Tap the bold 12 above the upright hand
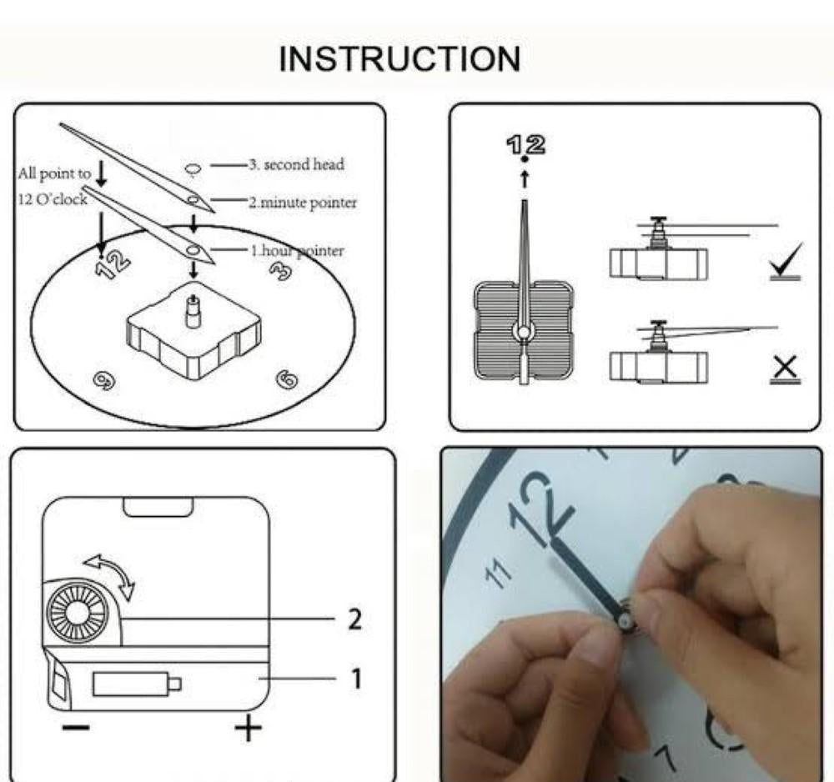click(525, 144)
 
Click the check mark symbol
click(785, 263)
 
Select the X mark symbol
click(785, 367)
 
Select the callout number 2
click(354, 619)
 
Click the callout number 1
click(355, 678)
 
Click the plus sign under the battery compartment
click(248, 729)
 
